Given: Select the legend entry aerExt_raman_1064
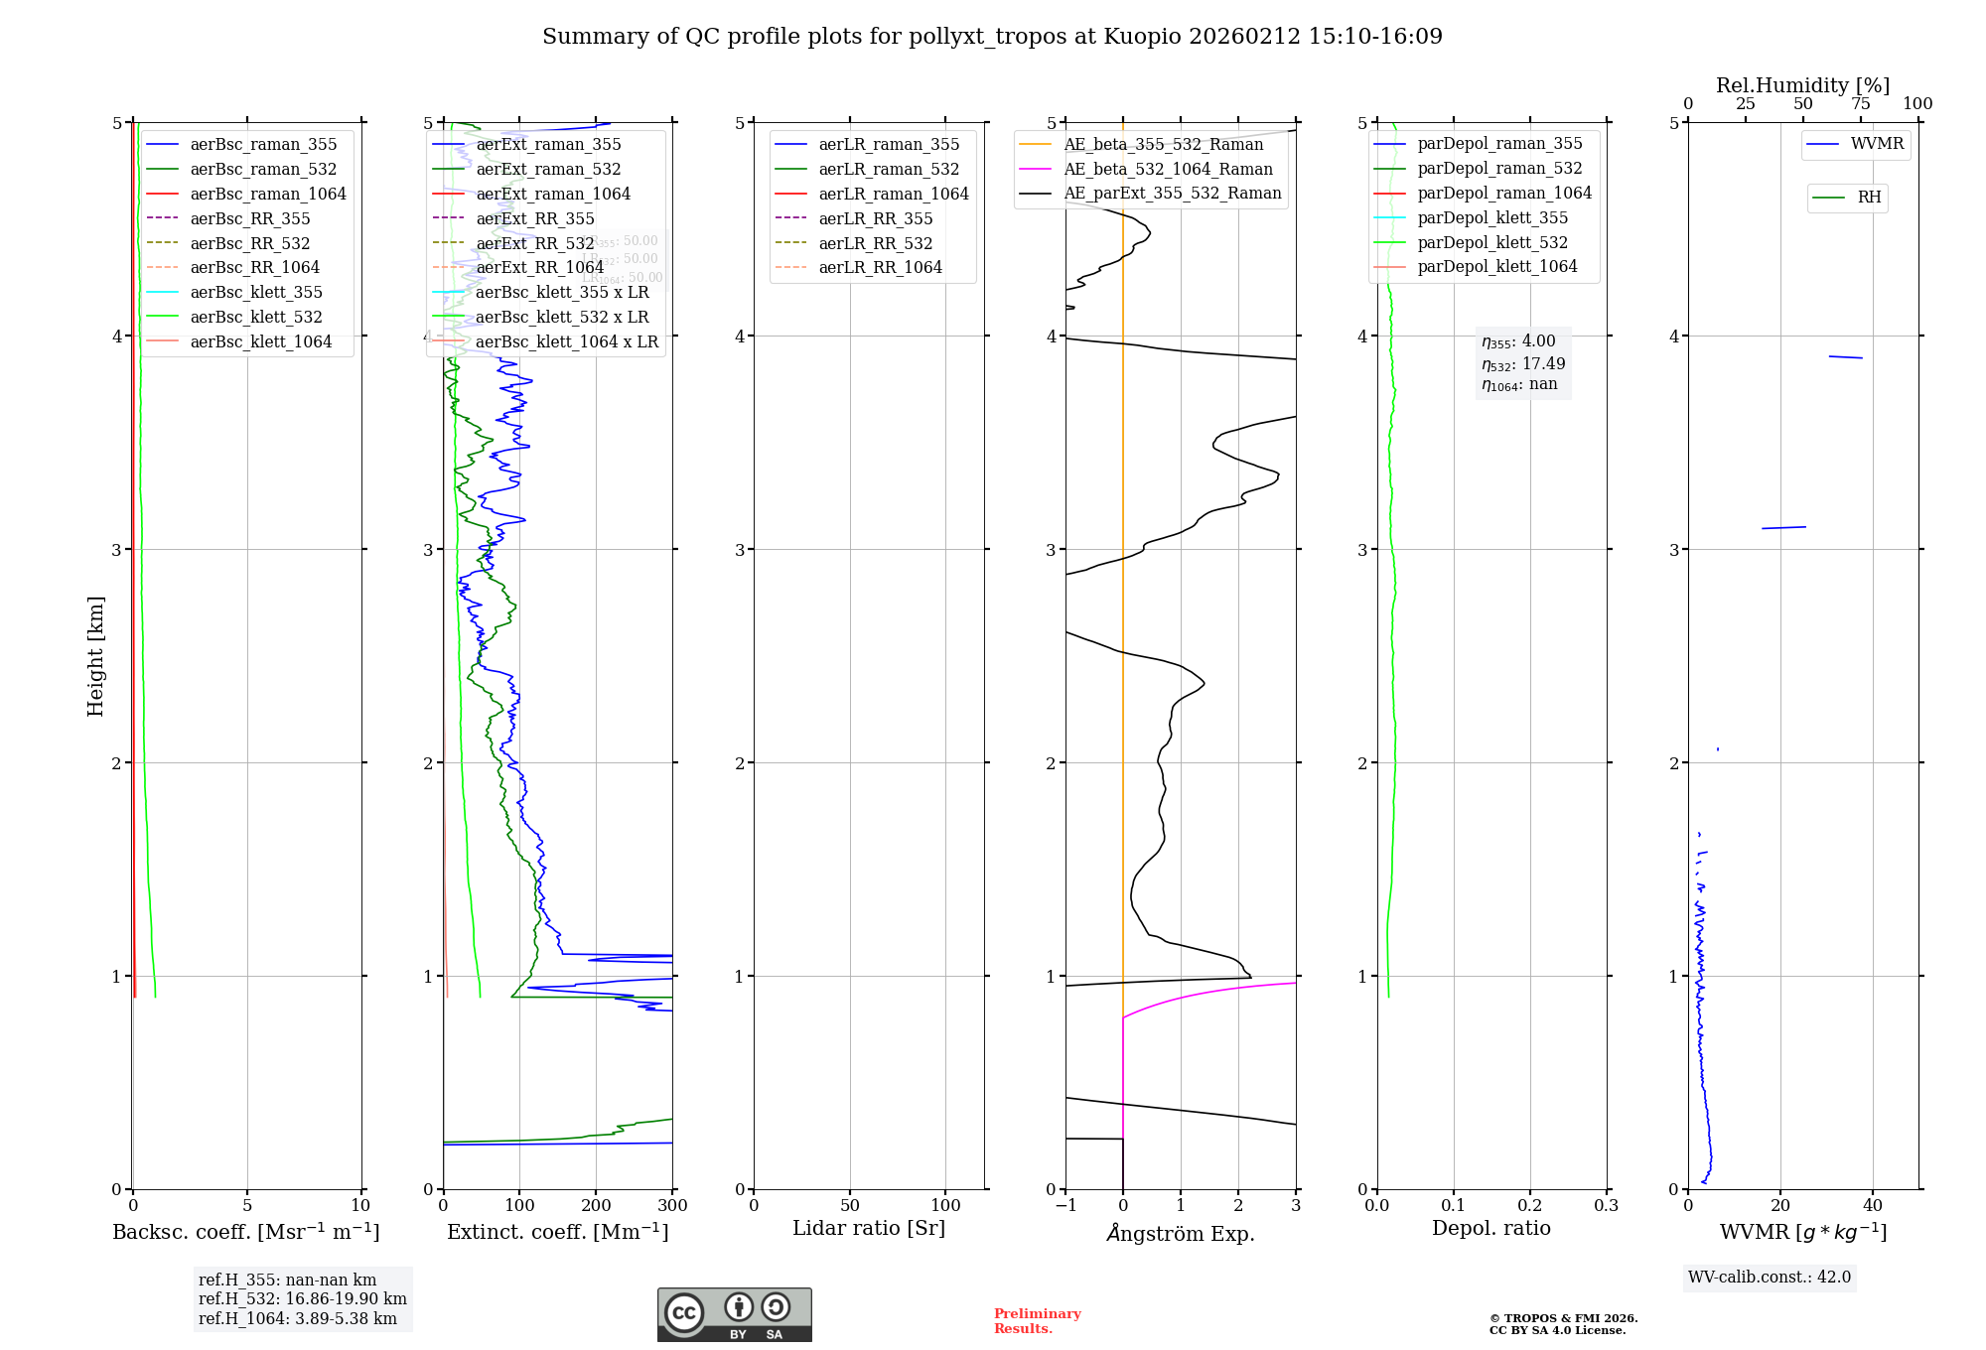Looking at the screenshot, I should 553,194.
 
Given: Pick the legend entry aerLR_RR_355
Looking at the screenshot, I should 875,218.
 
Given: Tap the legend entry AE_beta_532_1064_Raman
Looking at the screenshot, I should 1168,169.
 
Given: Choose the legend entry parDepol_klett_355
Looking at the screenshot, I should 1491,217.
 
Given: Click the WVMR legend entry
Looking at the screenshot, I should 1876,144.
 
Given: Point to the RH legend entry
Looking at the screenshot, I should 1868,198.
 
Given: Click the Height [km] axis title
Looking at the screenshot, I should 95,655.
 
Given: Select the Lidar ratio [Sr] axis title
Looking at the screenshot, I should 869,1228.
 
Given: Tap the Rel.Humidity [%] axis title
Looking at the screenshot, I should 1802,85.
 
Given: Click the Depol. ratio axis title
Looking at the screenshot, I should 1490,1228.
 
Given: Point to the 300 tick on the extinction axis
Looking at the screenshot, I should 672,1205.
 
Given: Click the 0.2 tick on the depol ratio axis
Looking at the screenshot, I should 1530,1205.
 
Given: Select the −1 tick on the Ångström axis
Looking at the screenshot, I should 1065,1205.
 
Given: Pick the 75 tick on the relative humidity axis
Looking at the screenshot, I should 1860,104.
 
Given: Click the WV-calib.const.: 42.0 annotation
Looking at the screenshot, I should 1769,1277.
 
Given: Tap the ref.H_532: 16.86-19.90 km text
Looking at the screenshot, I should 302,1298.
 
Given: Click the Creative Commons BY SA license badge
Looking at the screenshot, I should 734,1314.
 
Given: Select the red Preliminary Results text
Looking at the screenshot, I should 1037,1321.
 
